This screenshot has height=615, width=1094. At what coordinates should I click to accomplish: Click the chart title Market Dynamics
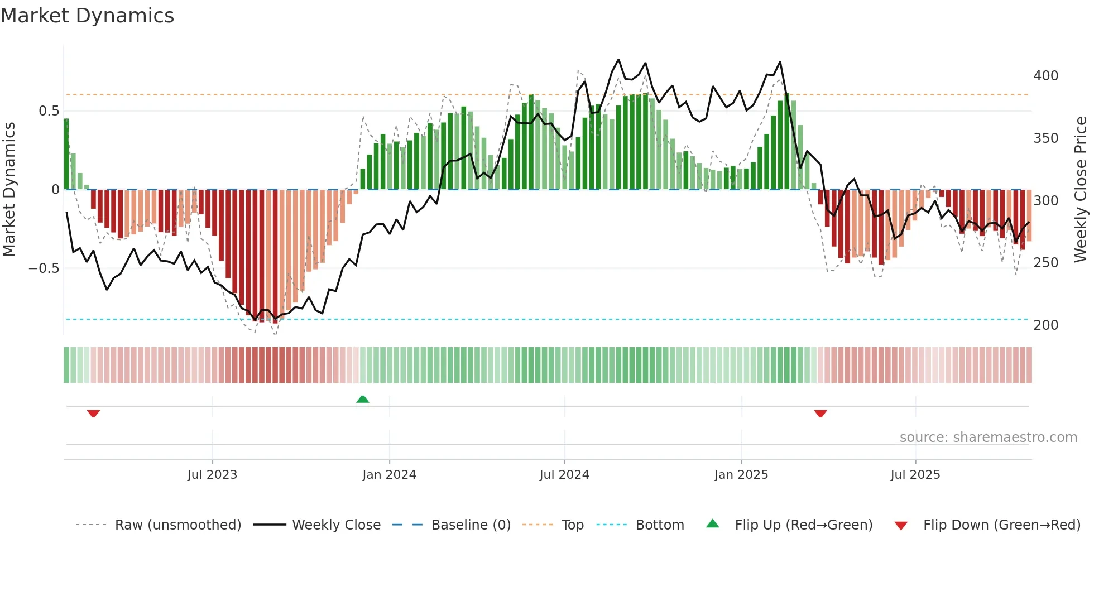tap(88, 16)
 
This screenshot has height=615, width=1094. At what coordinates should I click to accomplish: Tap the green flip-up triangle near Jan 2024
tap(363, 399)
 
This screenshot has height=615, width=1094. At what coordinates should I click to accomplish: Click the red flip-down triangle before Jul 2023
tap(93, 414)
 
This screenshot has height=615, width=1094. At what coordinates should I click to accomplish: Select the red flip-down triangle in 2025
tap(820, 414)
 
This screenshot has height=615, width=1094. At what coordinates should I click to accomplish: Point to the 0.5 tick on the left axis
tap(49, 111)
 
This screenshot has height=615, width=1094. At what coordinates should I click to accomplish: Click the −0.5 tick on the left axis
tap(44, 268)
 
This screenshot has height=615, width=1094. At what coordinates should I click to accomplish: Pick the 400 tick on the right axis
tap(1045, 76)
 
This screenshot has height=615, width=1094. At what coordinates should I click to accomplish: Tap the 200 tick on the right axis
tap(1045, 325)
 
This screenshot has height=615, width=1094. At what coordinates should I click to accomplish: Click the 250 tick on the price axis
tap(1045, 263)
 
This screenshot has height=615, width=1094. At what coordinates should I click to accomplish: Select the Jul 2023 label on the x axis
tap(212, 475)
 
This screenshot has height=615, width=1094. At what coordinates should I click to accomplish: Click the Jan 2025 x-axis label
tap(741, 475)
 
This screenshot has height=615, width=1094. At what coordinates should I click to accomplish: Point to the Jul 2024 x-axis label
tap(564, 475)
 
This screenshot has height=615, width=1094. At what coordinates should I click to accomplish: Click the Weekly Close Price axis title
tap(1081, 190)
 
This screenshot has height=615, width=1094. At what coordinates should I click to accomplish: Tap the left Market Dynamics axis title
tap(9, 190)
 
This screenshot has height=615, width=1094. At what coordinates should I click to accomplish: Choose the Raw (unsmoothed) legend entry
tap(177, 525)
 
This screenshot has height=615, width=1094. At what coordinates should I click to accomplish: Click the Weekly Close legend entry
tap(336, 525)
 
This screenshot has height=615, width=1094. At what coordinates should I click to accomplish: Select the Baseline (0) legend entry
tap(471, 525)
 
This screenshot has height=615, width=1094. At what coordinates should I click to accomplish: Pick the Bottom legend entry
tap(659, 525)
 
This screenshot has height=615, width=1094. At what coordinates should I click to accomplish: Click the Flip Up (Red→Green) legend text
tap(803, 525)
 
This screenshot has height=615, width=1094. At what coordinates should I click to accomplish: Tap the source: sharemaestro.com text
tap(988, 438)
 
